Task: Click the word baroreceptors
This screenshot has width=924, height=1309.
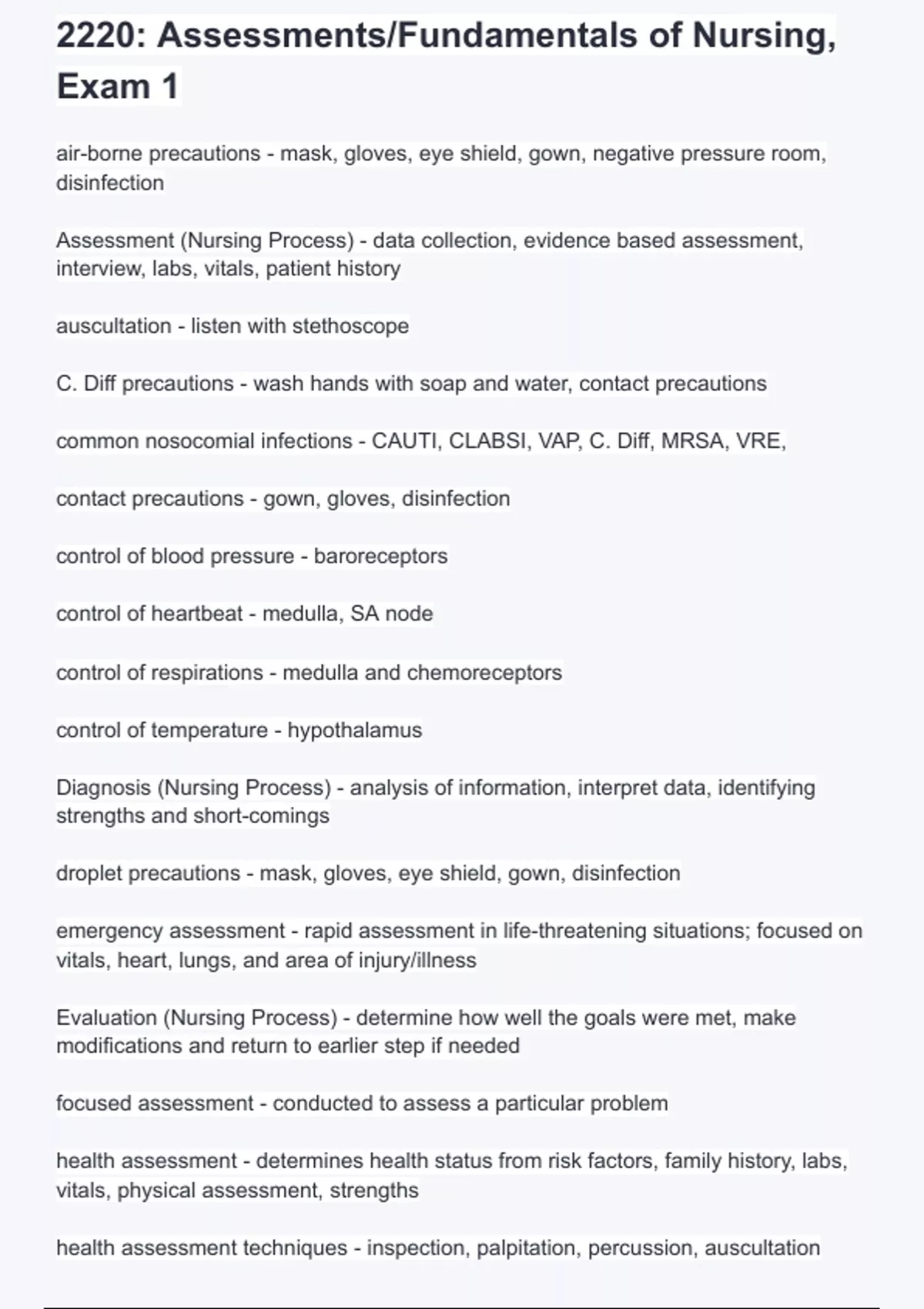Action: (x=380, y=556)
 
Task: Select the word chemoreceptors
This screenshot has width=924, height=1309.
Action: (x=484, y=672)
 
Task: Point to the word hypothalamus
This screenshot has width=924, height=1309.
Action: (x=354, y=730)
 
